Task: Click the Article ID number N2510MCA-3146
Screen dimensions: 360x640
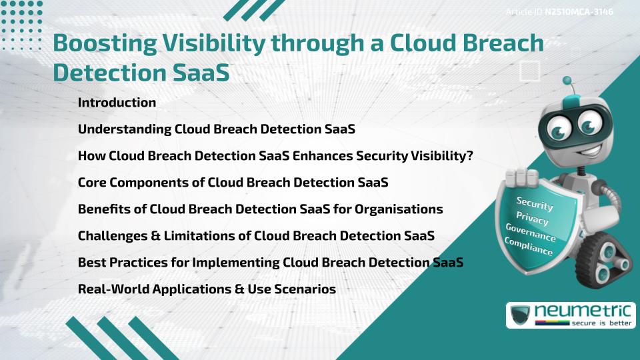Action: [579, 12]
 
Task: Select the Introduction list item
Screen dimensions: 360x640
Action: [117, 103]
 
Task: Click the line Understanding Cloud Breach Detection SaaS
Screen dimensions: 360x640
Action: [216, 129]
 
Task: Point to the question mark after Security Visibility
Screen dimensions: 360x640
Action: [469, 155]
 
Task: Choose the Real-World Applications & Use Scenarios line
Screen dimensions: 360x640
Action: [207, 289]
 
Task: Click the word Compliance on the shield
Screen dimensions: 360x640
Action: [528, 247]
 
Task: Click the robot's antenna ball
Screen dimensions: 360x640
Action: [567, 81]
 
